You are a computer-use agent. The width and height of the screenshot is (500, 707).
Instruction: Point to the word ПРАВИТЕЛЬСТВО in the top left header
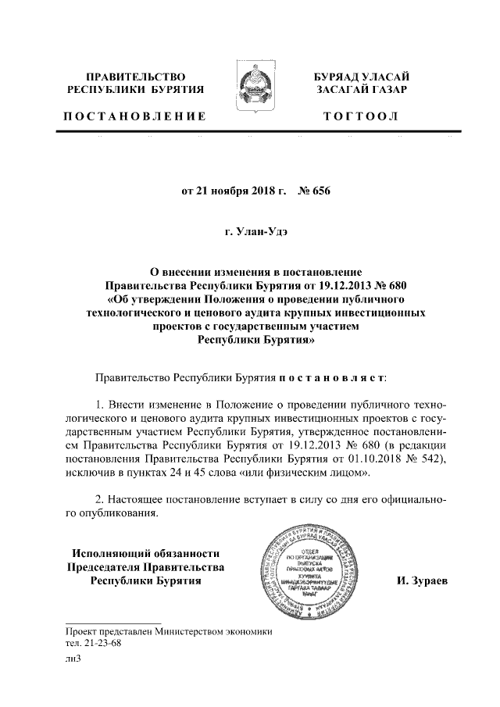coord(134,77)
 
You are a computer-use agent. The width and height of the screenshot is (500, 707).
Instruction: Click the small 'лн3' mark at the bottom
coord(73,659)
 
